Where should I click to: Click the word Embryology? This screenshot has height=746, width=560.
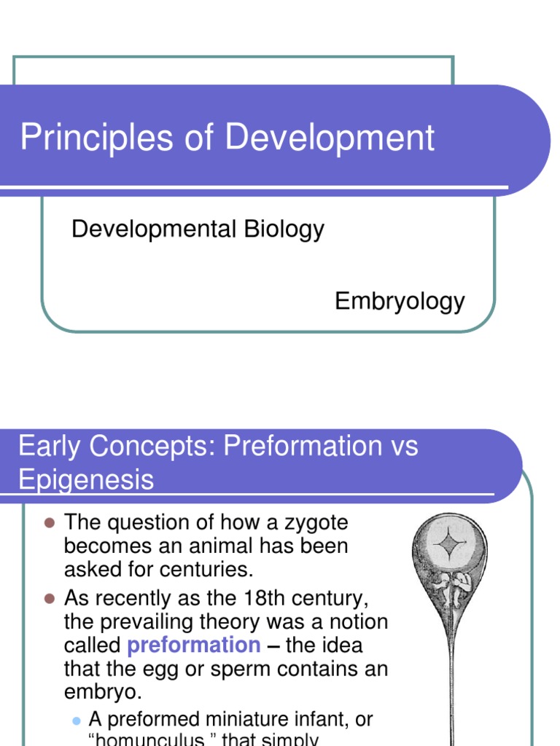[400, 301]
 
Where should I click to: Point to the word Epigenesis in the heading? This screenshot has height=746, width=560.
[86, 479]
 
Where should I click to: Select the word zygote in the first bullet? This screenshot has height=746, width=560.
[312, 522]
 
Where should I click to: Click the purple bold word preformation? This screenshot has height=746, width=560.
[193, 645]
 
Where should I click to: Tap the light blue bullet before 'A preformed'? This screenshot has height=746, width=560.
[76, 720]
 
